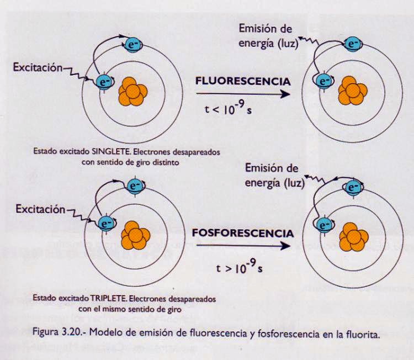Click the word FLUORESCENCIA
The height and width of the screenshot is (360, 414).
(243, 81)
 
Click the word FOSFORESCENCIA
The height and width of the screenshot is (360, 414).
(243, 232)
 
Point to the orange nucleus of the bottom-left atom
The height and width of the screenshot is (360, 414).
(133, 236)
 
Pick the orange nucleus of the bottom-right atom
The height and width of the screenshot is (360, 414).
(353, 235)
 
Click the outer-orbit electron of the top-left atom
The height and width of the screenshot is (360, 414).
(133, 44)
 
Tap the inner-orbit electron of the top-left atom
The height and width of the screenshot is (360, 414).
(104, 82)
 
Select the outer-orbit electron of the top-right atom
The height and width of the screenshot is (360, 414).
(352, 42)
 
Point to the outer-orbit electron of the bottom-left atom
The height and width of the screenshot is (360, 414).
(134, 185)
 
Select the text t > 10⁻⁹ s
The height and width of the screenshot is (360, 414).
(239, 269)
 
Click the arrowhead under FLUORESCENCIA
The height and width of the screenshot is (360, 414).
(285, 94)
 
